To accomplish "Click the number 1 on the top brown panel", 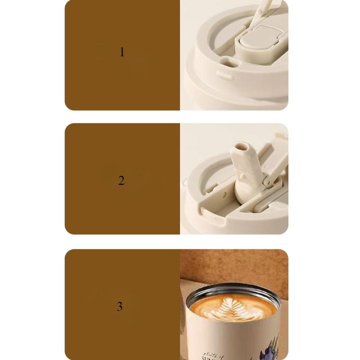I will click(121, 52).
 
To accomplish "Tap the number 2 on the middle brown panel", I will click(121, 181).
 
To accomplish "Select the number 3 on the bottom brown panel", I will click(120, 306).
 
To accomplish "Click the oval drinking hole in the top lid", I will click(229, 63).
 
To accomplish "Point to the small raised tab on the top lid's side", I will click(225, 75).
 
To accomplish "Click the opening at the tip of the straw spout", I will click(242, 147).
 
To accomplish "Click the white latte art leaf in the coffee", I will click(233, 308).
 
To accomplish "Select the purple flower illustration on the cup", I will click(270, 349).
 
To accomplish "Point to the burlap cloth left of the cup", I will click(183, 315).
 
